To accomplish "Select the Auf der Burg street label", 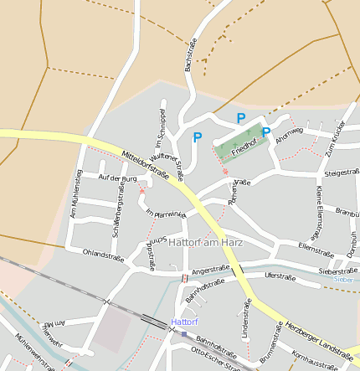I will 117,178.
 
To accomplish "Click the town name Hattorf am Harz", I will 205,243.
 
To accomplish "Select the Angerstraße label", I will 210,269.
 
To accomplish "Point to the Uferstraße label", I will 280,275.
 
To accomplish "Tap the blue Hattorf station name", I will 184,322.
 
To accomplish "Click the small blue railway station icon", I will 184,333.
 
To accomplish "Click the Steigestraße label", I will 341,173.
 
